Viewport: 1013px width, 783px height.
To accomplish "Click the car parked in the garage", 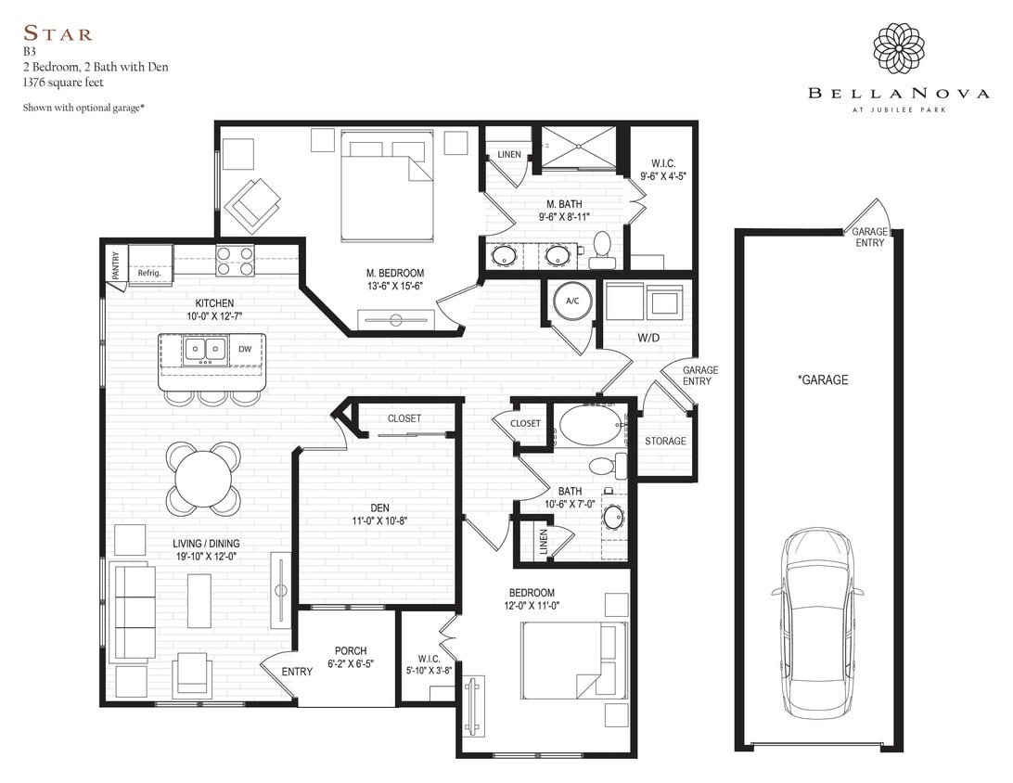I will click(817, 623).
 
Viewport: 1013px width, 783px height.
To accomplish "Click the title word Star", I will click(58, 35).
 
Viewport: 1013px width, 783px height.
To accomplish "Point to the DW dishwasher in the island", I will click(245, 349).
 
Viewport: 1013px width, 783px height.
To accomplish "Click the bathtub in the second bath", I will click(593, 426).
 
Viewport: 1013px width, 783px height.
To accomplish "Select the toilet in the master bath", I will click(600, 247).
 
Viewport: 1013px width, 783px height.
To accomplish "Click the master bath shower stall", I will click(581, 146).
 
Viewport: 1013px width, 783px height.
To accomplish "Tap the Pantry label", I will click(116, 264).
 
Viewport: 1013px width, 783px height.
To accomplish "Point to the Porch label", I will click(351, 650).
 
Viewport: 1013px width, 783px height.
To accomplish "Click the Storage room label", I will click(665, 441).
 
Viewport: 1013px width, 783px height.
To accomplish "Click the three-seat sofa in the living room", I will click(132, 611).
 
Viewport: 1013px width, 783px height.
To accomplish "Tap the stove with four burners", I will click(236, 260).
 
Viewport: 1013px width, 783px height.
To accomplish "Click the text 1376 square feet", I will click(63, 82).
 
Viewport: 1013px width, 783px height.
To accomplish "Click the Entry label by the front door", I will click(298, 672).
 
